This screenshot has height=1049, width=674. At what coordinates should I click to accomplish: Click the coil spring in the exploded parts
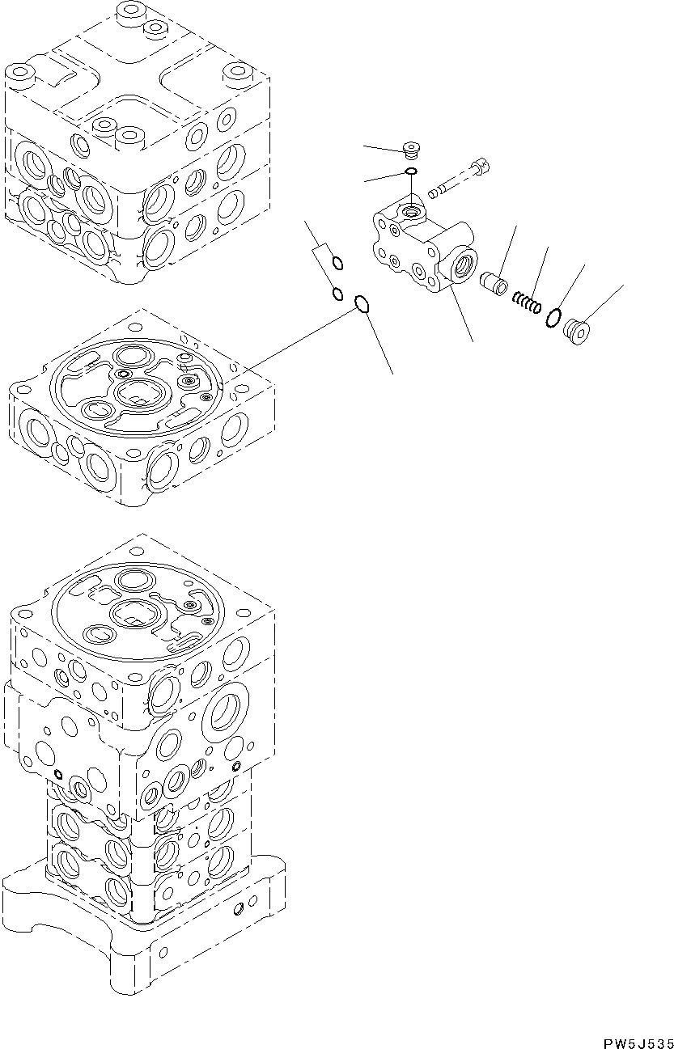525,303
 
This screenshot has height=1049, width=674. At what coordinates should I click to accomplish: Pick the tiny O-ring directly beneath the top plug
412,171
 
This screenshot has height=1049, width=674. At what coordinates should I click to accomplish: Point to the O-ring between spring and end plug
554,318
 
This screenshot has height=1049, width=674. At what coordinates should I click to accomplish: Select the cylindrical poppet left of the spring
494,284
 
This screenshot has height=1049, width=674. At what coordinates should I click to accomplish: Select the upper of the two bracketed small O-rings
338,262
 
